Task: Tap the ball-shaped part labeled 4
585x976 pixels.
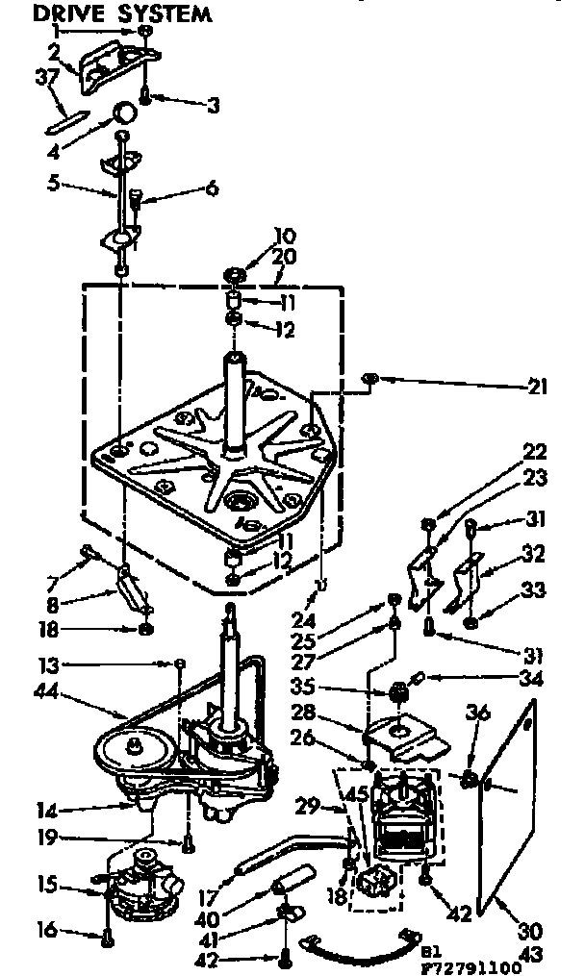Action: click(122, 113)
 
